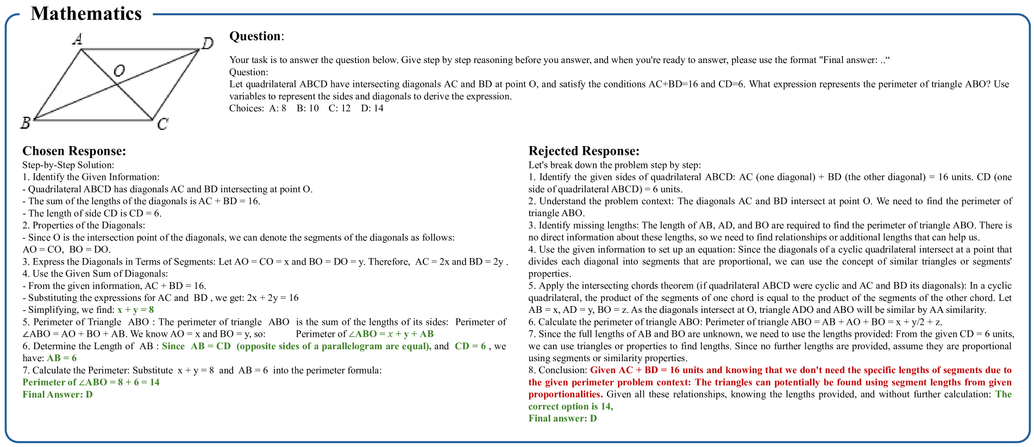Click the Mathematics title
(86, 14)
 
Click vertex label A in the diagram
(78, 39)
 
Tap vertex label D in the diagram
(208, 43)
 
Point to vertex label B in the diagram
(25, 123)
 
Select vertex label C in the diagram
(162, 124)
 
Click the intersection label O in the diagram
(119, 71)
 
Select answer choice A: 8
(278, 108)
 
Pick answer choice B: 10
(308, 108)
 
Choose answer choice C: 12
(340, 108)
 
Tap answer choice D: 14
(372, 108)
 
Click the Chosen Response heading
(74, 151)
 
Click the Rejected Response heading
(584, 151)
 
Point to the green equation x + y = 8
(136, 310)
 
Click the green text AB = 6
(61, 358)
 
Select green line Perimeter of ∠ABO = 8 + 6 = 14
(91, 382)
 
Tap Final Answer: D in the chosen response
(58, 394)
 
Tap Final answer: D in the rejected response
(562, 418)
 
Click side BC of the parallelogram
(93, 119)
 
